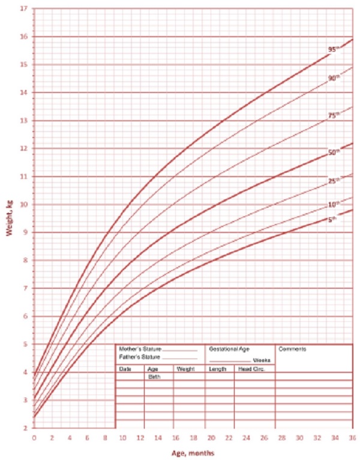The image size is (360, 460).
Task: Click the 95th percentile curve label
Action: coord(333,49)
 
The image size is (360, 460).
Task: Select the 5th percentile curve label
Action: coord(332,220)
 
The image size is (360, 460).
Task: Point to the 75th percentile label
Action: coord(334,116)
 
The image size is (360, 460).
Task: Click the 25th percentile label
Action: coord(334,181)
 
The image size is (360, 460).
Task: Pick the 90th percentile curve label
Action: coord(334,78)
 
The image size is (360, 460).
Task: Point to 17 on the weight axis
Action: coord(23,9)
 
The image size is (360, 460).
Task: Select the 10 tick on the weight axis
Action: coord(23,204)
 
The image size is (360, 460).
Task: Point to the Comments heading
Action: coord(293,349)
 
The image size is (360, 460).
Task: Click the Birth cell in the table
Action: coord(155,377)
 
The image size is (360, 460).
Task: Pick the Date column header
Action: coord(125,369)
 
